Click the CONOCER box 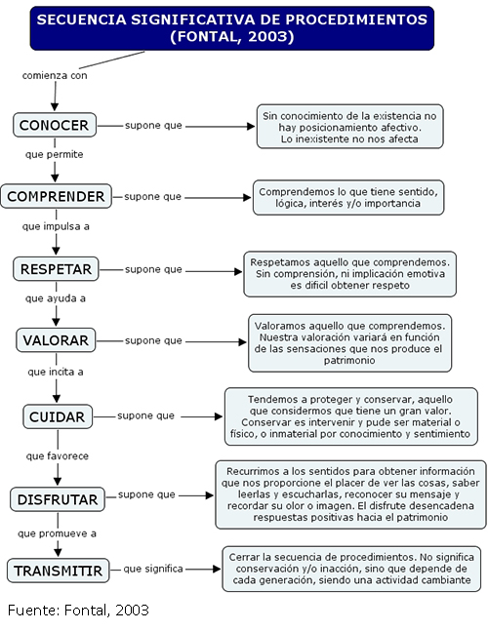pos(55,125)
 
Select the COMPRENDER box pos(56,196)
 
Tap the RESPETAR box pos(56,269)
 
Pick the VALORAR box pos(56,340)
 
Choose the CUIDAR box pos(58,416)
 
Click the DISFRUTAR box pos(58,499)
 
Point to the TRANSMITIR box pos(59,571)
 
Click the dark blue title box pos(232,28)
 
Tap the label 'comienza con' pos(55,76)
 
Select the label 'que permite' pos(55,154)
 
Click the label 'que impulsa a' pos(56,226)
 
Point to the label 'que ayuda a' pos(56,298)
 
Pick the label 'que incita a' pos(56,372)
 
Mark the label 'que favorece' pos(58,456)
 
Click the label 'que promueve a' pos(58,533)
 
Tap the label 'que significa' pos(153,569)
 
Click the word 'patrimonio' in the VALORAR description pos(349,361)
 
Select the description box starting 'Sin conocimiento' pos(349,127)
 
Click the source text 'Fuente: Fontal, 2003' pos(78,611)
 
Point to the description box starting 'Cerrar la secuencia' pos(351,569)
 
